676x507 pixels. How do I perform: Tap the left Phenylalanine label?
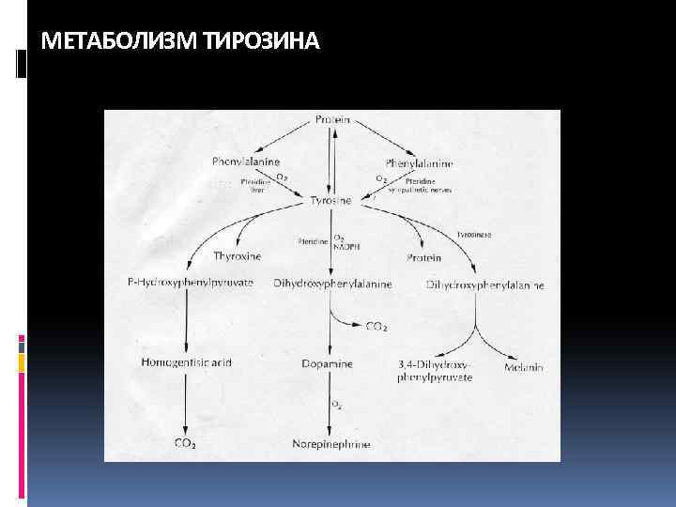pyautogui.click(x=243, y=161)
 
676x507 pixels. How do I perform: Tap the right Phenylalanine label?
pyautogui.click(x=419, y=162)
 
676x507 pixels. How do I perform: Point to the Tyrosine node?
pyautogui.click(x=330, y=201)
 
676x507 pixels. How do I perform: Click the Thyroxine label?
pyautogui.click(x=238, y=255)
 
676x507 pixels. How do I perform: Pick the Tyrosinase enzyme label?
pyautogui.click(x=473, y=233)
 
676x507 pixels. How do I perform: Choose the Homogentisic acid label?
pyautogui.click(x=186, y=362)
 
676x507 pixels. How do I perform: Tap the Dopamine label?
pyautogui.click(x=328, y=363)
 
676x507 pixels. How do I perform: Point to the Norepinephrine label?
pyautogui.click(x=330, y=443)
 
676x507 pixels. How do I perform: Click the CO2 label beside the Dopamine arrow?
pyautogui.click(x=376, y=326)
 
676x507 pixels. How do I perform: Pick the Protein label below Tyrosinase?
pyautogui.click(x=424, y=256)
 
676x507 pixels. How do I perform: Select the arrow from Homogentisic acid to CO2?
pyautogui.click(x=186, y=404)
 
